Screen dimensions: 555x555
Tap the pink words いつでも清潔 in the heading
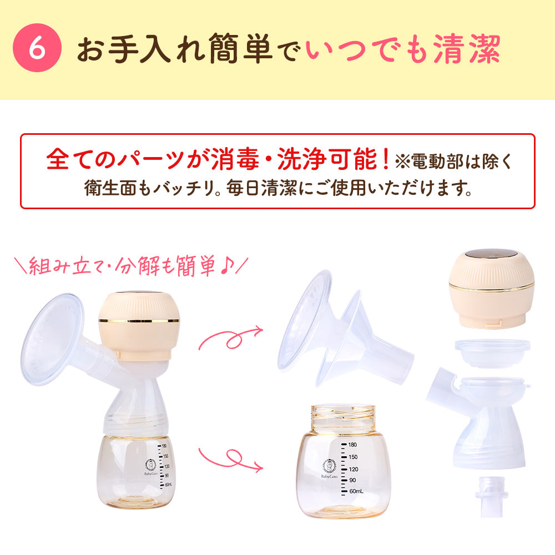403,49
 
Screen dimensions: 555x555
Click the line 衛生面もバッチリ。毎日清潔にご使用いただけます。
277,188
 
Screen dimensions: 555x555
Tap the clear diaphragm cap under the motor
491,352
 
